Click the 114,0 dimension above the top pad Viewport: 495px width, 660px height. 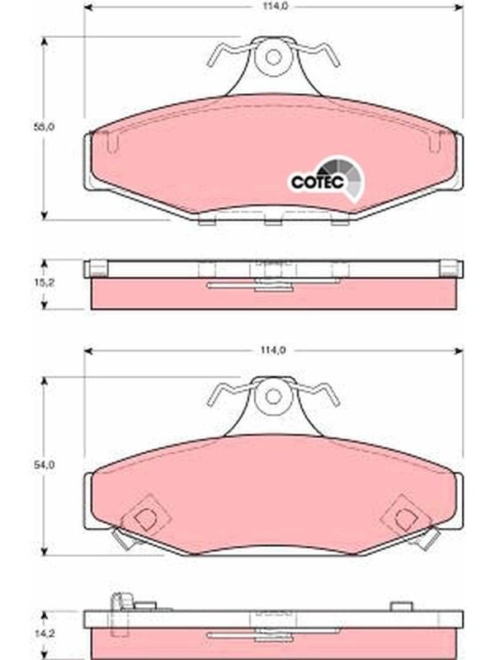click(x=274, y=7)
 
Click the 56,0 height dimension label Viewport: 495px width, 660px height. click(x=45, y=127)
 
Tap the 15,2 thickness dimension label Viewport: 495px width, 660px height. click(x=45, y=282)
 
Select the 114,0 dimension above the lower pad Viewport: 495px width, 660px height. click(x=274, y=350)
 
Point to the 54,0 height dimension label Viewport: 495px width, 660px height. click(x=45, y=465)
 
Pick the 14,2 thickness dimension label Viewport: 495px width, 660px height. click(x=45, y=633)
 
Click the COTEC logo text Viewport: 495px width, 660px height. click(x=318, y=182)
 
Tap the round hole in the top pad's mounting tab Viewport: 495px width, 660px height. click(x=273, y=57)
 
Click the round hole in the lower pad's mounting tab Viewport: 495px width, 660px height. click(x=273, y=397)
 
